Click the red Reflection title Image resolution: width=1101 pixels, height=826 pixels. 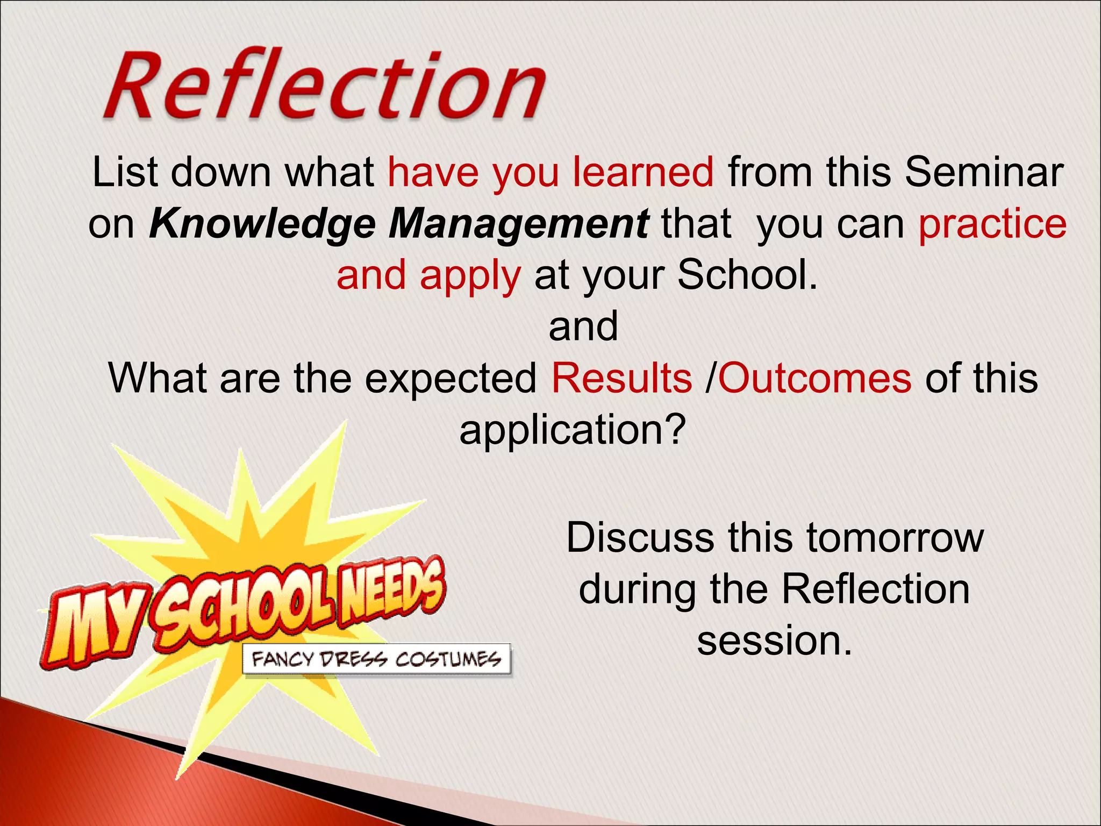point(325,85)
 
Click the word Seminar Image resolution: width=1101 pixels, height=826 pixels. point(984,172)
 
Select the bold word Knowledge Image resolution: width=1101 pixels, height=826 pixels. point(263,224)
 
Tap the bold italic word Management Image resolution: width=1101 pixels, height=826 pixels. point(519,224)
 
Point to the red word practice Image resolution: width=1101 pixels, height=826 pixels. point(992,224)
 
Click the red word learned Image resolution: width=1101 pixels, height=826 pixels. point(643,172)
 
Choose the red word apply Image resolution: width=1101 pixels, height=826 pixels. point(470,275)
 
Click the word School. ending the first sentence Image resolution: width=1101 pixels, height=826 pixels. point(747,274)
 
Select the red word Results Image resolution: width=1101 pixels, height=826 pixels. point(622,378)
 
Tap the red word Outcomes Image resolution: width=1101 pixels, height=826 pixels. point(814,378)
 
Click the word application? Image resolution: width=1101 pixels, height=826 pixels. point(573,430)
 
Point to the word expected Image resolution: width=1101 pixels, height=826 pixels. point(451,378)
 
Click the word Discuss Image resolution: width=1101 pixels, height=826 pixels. point(640,537)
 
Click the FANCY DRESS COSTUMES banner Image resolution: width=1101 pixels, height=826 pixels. point(377,659)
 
